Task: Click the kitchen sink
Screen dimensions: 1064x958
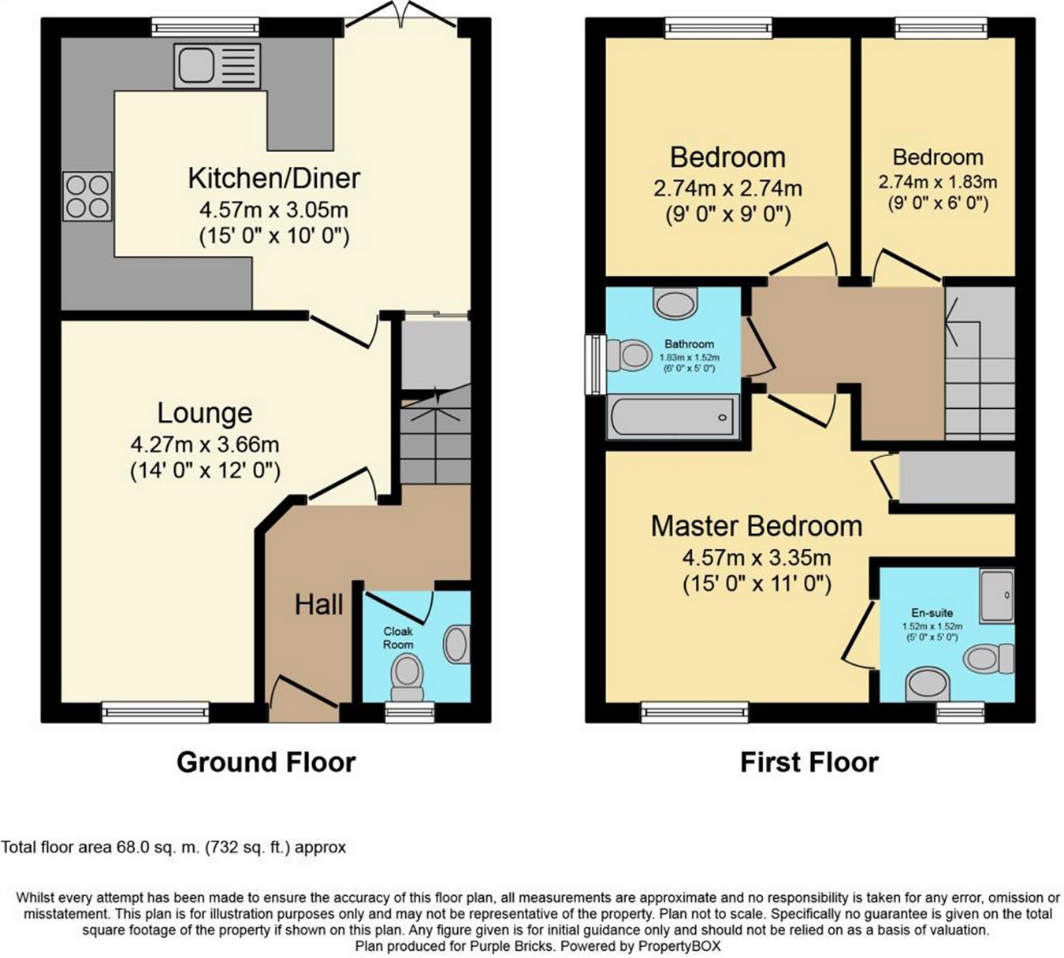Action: (x=218, y=65)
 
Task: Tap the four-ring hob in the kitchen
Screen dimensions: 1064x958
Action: (x=87, y=196)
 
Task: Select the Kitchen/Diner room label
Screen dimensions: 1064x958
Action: (x=274, y=178)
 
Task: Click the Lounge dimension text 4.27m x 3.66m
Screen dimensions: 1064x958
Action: (x=205, y=444)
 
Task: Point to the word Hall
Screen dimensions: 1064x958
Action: (x=318, y=605)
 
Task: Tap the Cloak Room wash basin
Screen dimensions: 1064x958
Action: (x=456, y=644)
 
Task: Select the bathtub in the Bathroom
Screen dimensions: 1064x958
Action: (x=672, y=417)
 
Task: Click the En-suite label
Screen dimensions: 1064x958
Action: (x=932, y=612)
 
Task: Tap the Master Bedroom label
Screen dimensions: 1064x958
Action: (x=757, y=526)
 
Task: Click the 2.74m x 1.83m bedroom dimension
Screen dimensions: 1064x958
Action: (x=938, y=182)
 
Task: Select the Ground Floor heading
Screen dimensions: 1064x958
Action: (x=266, y=763)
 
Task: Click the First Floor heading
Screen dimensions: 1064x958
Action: (x=809, y=763)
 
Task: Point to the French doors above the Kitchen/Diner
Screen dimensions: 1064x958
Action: (x=400, y=15)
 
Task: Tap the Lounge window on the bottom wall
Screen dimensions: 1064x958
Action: (x=155, y=712)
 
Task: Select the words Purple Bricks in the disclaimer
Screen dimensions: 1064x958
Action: (x=512, y=946)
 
